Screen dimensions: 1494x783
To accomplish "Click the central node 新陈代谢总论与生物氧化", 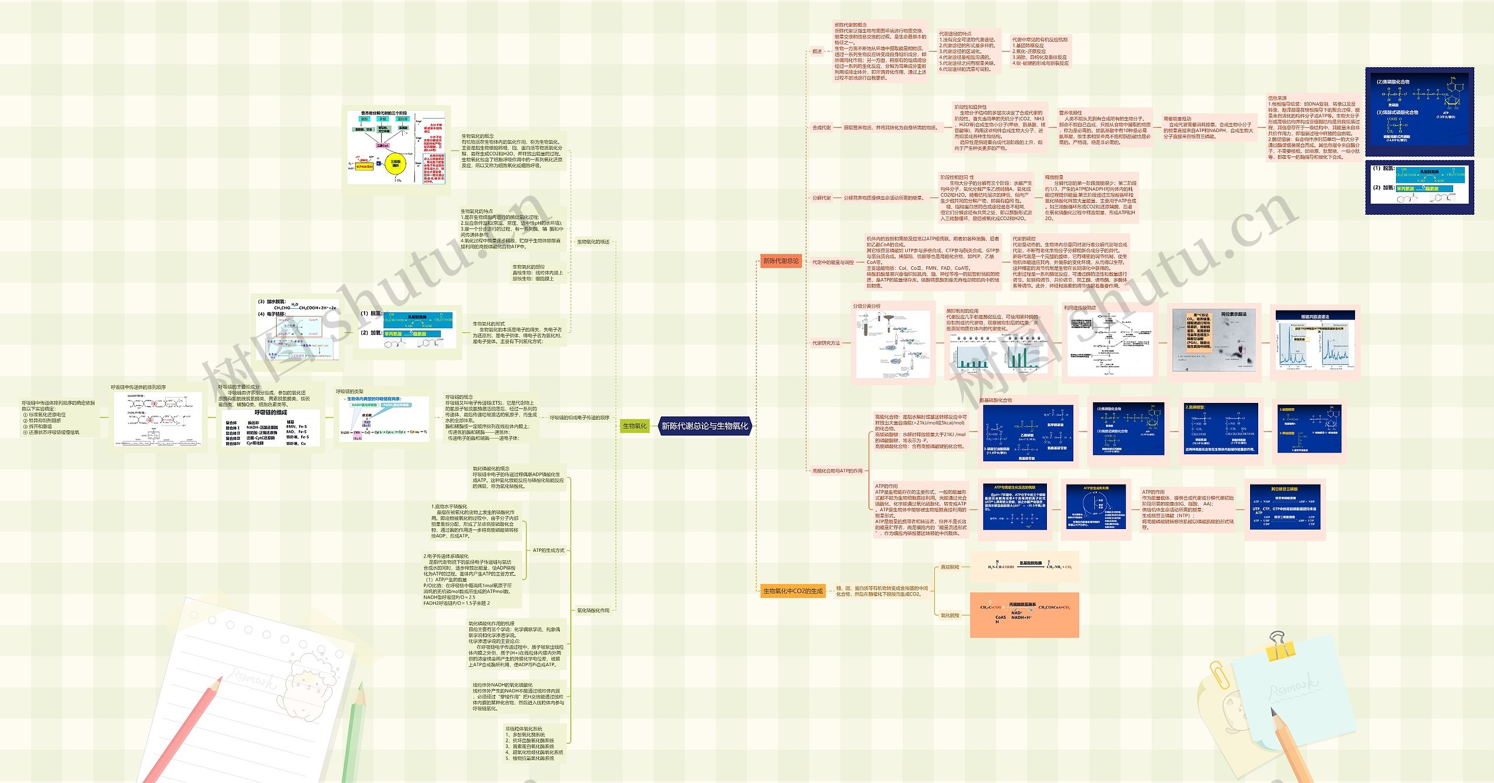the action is coord(704,426).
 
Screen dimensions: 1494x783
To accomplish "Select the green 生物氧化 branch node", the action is coord(634,426).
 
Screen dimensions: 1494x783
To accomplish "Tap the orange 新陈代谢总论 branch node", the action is coord(780,261).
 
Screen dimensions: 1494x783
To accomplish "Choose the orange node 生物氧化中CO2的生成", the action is coord(793,591).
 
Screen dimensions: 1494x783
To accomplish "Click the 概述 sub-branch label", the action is coord(817,51).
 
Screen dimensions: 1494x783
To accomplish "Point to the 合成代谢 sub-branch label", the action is coord(821,127).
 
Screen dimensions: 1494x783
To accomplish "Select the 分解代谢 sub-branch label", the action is coord(821,198).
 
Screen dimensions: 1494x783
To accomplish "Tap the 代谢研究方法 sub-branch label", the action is coord(826,343).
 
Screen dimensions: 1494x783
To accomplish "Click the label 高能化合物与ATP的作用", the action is coord(837,471).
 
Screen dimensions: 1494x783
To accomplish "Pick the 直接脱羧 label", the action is coord(950,567).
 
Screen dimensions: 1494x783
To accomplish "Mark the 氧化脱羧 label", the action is coord(950,615).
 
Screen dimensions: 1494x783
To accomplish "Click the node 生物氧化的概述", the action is coord(593,242).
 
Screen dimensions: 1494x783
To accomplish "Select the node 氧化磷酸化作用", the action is coord(593,611).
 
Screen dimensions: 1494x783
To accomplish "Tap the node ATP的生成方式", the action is coord(548,551).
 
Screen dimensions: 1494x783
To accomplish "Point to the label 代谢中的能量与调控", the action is coord(833,263).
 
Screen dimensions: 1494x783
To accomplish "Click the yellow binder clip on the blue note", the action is coord(1279,646).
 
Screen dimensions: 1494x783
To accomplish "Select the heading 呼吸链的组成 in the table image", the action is coord(270,412).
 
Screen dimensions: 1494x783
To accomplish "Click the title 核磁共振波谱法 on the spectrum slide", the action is coord(1315,316).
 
